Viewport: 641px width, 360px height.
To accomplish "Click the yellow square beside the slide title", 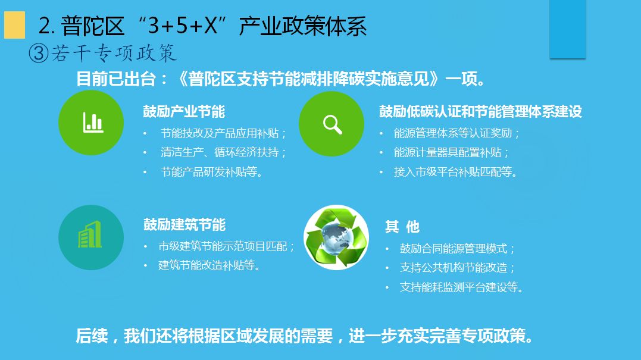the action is [14, 25].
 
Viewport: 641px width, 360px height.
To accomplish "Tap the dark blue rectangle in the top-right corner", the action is [567, 29].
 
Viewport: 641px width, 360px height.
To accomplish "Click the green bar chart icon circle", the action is [91, 123].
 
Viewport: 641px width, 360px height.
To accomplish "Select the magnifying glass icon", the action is [332, 124].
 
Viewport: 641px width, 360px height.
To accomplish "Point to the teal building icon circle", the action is [91, 237].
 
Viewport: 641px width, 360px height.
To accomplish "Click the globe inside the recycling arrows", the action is [336, 237].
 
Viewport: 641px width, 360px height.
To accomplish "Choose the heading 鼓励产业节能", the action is [184, 111].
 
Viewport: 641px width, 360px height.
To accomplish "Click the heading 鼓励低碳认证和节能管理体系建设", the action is [480, 111].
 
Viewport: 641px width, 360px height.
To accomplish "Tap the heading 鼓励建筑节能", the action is [185, 225].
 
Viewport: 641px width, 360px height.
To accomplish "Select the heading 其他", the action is [402, 227].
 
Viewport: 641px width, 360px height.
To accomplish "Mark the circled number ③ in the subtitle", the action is [39, 54].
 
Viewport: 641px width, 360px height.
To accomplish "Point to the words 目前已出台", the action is [116, 79].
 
